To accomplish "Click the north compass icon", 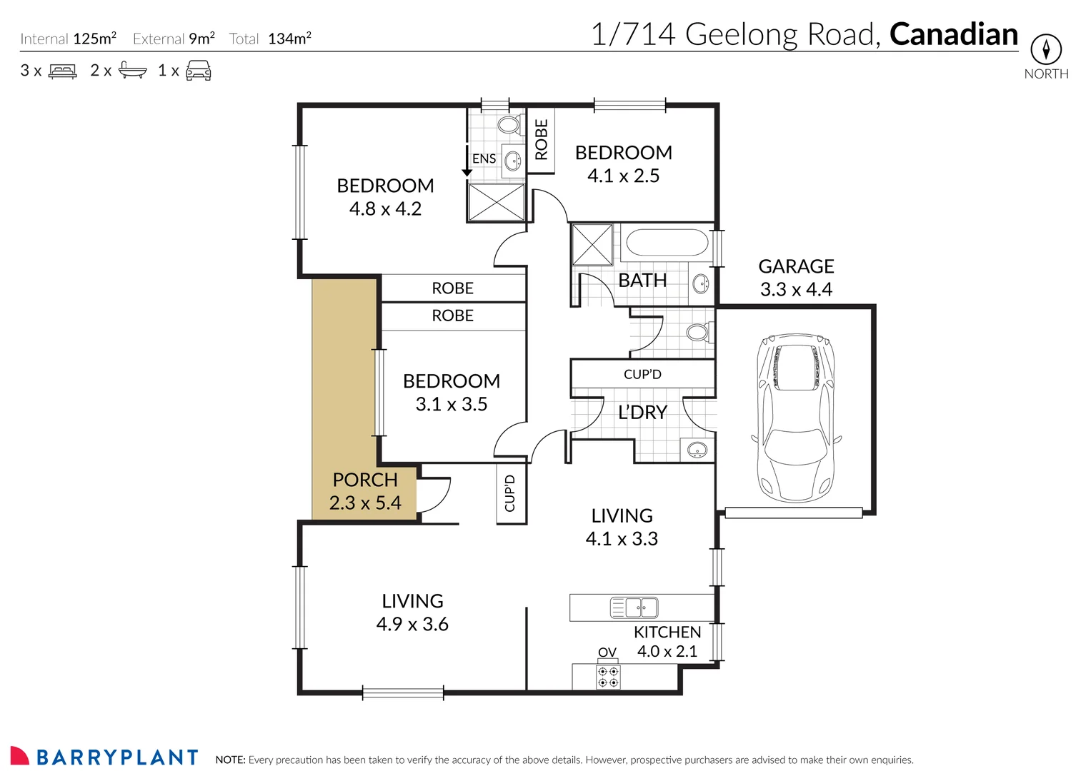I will click(x=1045, y=49).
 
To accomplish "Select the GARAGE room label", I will click(x=796, y=266).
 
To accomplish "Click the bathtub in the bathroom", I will click(x=667, y=243).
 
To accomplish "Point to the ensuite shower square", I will click(x=496, y=202).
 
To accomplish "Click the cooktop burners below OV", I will click(x=608, y=677).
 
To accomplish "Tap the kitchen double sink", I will click(x=634, y=608).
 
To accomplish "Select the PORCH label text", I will click(x=365, y=480).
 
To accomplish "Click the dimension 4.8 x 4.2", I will click(x=385, y=209).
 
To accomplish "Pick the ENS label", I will click(x=484, y=158).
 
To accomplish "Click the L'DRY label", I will click(x=642, y=413).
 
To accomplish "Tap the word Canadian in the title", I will click(x=953, y=34).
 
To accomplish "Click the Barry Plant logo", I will click(x=104, y=757).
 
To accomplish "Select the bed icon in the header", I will click(x=62, y=71).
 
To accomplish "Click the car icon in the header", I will click(x=198, y=71).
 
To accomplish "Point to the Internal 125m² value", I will click(x=94, y=39).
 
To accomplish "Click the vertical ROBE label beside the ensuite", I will click(x=541, y=139).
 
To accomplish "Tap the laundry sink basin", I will click(x=696, y=450).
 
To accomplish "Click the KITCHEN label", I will click(x=667, y=632).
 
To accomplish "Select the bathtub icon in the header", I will click(x=132, y=70).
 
